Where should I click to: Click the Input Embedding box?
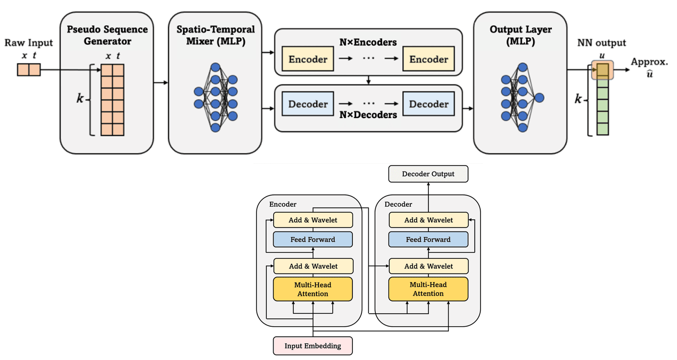[x=313, y=346]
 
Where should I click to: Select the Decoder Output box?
[x=428, y=174]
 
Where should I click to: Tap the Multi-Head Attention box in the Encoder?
[x=313, y=289]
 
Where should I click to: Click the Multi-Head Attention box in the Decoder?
[x=428, y=289]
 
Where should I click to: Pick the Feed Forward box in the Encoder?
[x=313, y=240]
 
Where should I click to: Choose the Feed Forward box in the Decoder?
[x=428, y=240]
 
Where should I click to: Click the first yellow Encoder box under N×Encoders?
[x=307, y=59]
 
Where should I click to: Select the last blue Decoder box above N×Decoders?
[x=428, y=104]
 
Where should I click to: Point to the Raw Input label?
[x=28, y=43]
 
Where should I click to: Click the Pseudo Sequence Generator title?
[x=107, y=35]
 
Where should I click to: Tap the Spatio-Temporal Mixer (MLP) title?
[x=215, y=35]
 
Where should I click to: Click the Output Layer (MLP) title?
[x=521, y=35]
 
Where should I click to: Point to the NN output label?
[x=601, y=43]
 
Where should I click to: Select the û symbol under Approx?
[x=650, y=74]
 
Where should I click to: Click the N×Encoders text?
[x=368, y=42]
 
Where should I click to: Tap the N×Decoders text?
[x=368, y=115]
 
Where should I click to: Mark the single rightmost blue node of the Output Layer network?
[x=539, y=98]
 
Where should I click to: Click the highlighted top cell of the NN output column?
[x=602, y=70]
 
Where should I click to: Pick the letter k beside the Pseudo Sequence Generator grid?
[x=80, y=99]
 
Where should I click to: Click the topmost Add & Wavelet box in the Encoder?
[x=313, y=220]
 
